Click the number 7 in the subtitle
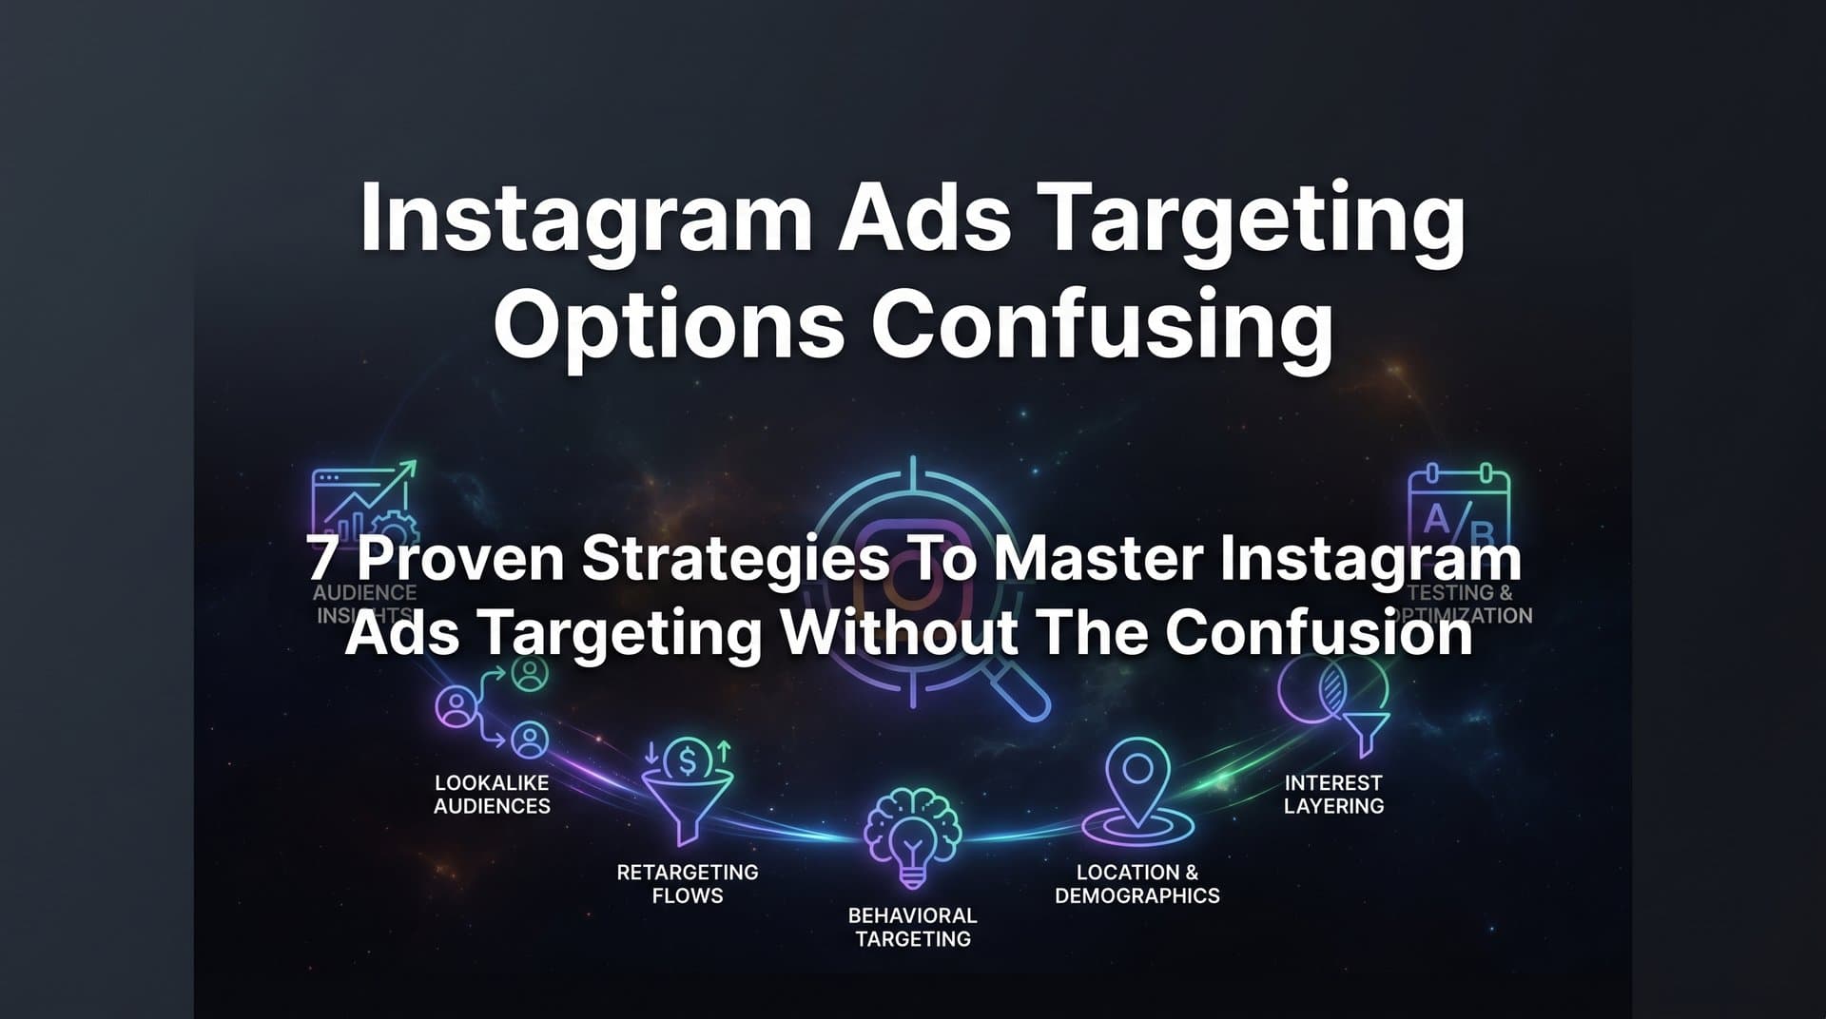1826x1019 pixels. tap(322, 558)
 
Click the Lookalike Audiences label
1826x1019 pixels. tap(492, 795)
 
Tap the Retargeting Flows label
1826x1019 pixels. tap(687, 884)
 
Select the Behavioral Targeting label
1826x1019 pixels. tap(912, 928)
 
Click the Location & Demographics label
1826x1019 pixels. tap(1136, 884)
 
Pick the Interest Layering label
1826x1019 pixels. tap(1333, 795)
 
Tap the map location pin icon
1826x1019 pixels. tap(1137, 794)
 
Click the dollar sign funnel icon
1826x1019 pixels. tap(687, 789)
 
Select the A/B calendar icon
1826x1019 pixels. tap(1457, 509)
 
